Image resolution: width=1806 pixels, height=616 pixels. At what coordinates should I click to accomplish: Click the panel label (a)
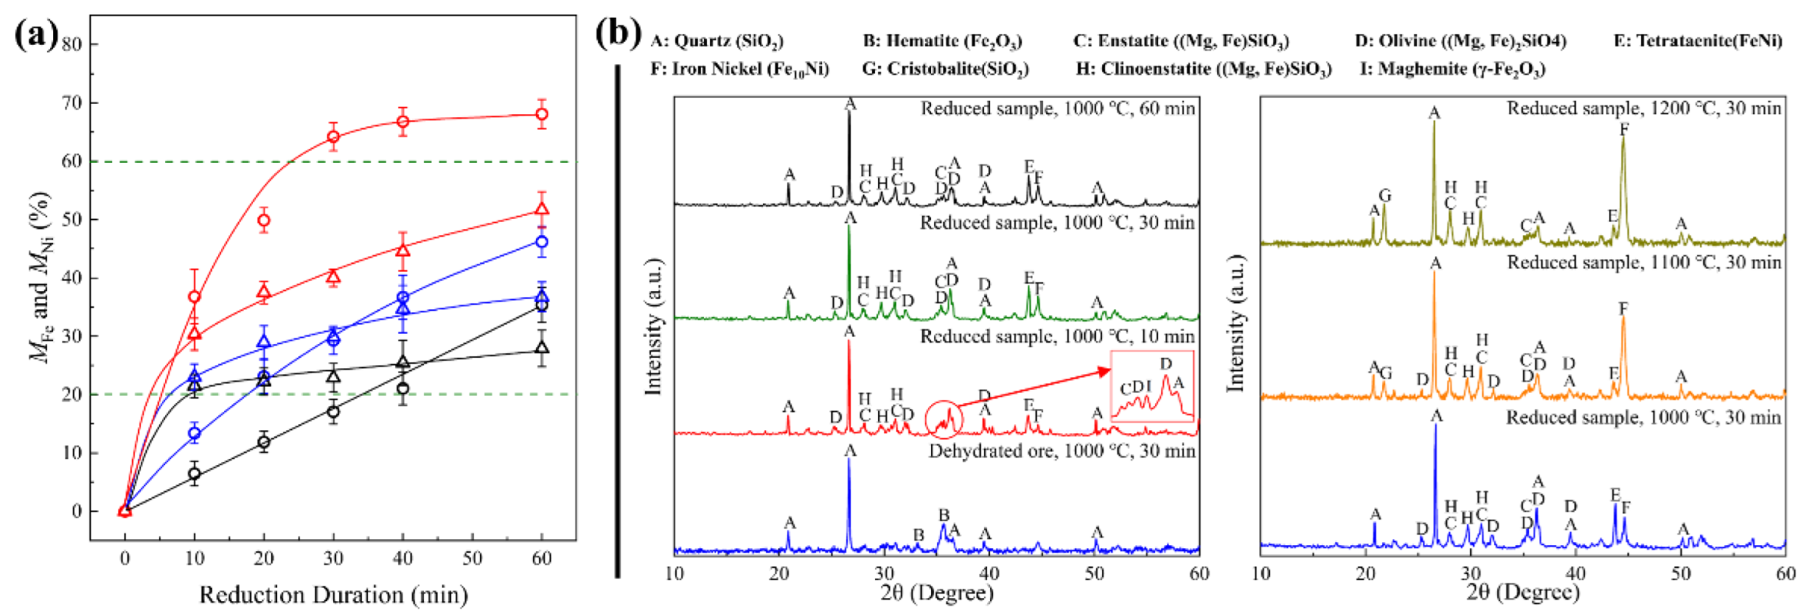coord(35,35)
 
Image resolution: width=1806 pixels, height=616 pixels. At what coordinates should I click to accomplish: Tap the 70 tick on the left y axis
coord(72,102)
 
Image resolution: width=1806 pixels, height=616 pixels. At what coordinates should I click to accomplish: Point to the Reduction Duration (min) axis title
coord(333,595)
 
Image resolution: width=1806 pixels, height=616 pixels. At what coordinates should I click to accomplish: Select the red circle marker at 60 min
coord(542,114)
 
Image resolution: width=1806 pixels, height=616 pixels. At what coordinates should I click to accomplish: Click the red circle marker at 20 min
coord(263,220)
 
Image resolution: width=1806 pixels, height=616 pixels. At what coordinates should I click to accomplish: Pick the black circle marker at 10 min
coord(194,474)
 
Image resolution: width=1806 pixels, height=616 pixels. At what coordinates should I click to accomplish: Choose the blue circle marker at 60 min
coord(542,242)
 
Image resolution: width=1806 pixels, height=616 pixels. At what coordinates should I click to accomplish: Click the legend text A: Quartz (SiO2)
coord(717,41)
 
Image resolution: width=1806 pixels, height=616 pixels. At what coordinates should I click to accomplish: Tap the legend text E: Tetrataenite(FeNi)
coord(1698,41)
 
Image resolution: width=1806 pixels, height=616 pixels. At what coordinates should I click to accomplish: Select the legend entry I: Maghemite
coord(1452,69)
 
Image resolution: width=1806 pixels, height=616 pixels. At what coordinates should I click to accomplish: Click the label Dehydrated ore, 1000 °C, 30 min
coord(1061,451)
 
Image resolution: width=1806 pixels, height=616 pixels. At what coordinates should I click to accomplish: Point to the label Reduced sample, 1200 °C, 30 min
coord(1644,109)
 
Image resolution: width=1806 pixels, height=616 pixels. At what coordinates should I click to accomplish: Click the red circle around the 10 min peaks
coord(944,421)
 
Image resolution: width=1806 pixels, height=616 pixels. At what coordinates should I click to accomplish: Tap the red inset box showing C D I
coord(1152,386)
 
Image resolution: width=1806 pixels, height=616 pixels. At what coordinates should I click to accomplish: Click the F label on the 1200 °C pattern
coord(1624,129)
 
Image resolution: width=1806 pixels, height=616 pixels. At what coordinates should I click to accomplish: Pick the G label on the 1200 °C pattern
coord(1385,195)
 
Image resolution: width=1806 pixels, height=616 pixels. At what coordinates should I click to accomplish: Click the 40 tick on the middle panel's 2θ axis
coord(989,574)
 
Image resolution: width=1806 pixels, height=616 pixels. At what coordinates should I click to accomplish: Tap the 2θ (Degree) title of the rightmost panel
coord(1523,593)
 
